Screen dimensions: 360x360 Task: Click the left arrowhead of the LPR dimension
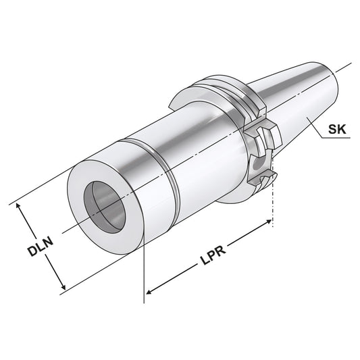[150, 291]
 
